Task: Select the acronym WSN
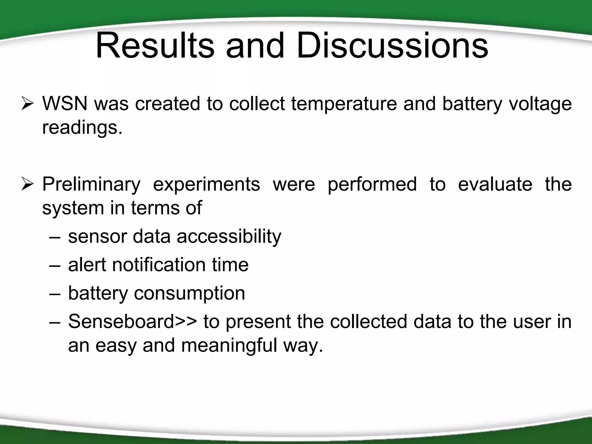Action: click(65, 103)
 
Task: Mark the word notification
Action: click(158, 265)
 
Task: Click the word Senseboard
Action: click(121, 321)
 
